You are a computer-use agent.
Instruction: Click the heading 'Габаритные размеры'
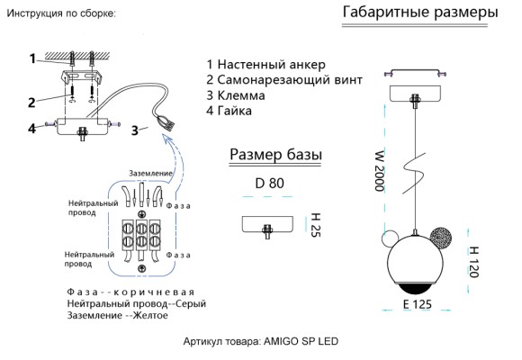pyautogui.click(x=420, y=13)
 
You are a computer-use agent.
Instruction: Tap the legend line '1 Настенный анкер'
pyautogui.click(x=265, y=65)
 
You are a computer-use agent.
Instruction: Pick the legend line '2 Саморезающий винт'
pyautogui.click(x=283, y=80)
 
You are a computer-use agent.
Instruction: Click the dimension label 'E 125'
pyautogui.click(x=419, y=305)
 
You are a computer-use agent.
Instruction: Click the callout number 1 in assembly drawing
pyautogui.click(x=31, y=58)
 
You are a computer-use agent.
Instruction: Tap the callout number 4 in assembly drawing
pyautogui.click(x=31, y=128)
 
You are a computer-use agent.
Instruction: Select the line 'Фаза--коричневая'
pyautogui.click(x=130, y=293)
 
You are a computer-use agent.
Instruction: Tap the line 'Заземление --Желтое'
pyautogui.click(x=121, y=317)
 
